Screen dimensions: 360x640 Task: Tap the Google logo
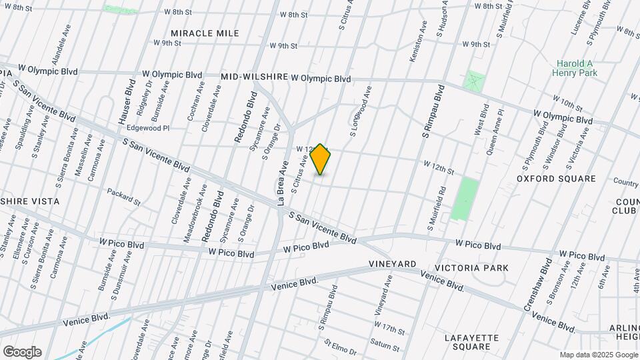click(22, 351)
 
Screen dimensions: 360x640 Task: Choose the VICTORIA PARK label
click(471, 268)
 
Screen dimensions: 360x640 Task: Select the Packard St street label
click(124, 196)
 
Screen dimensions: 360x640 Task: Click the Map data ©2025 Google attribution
click(598, 354)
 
